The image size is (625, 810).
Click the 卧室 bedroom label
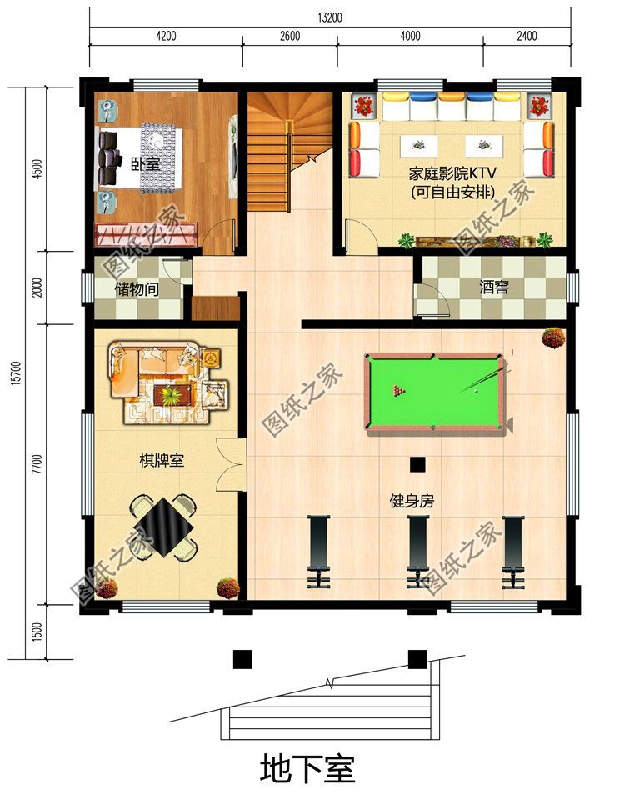pyautogui.click(x=145, y=164)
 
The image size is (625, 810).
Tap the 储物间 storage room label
pyautogui.click(x=137, y=289)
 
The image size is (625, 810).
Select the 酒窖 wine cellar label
pyautogui.click(x=494, y=287)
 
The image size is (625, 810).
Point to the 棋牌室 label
pyautogui.click(x=162, y=460)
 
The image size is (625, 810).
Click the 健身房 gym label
pyautogui.click(x=412, y=501)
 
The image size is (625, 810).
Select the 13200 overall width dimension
pyautogui.click(x=329, y=17)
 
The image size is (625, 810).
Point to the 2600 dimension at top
pyautogui.click(x=290, y=36)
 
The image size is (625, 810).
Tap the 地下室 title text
pyautogui.click(x=307, y=770)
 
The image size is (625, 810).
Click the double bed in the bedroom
pyautogui.click(x=140, y=157)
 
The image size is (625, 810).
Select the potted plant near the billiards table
pyautogui.click(x=553, y=337)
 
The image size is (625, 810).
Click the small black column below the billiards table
pyautogui.click(x=417, y=464)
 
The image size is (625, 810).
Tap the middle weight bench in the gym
pyautogui.click(x=417, y=552)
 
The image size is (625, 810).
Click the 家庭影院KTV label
pyautogui.click(x=452, y=173)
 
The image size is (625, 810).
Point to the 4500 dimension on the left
pyautogui.click(x=36, y=168)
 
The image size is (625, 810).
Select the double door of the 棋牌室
pyautogui.click(x=230, y=464)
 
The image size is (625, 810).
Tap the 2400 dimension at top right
pyautogui.click(x=527, y=36)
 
